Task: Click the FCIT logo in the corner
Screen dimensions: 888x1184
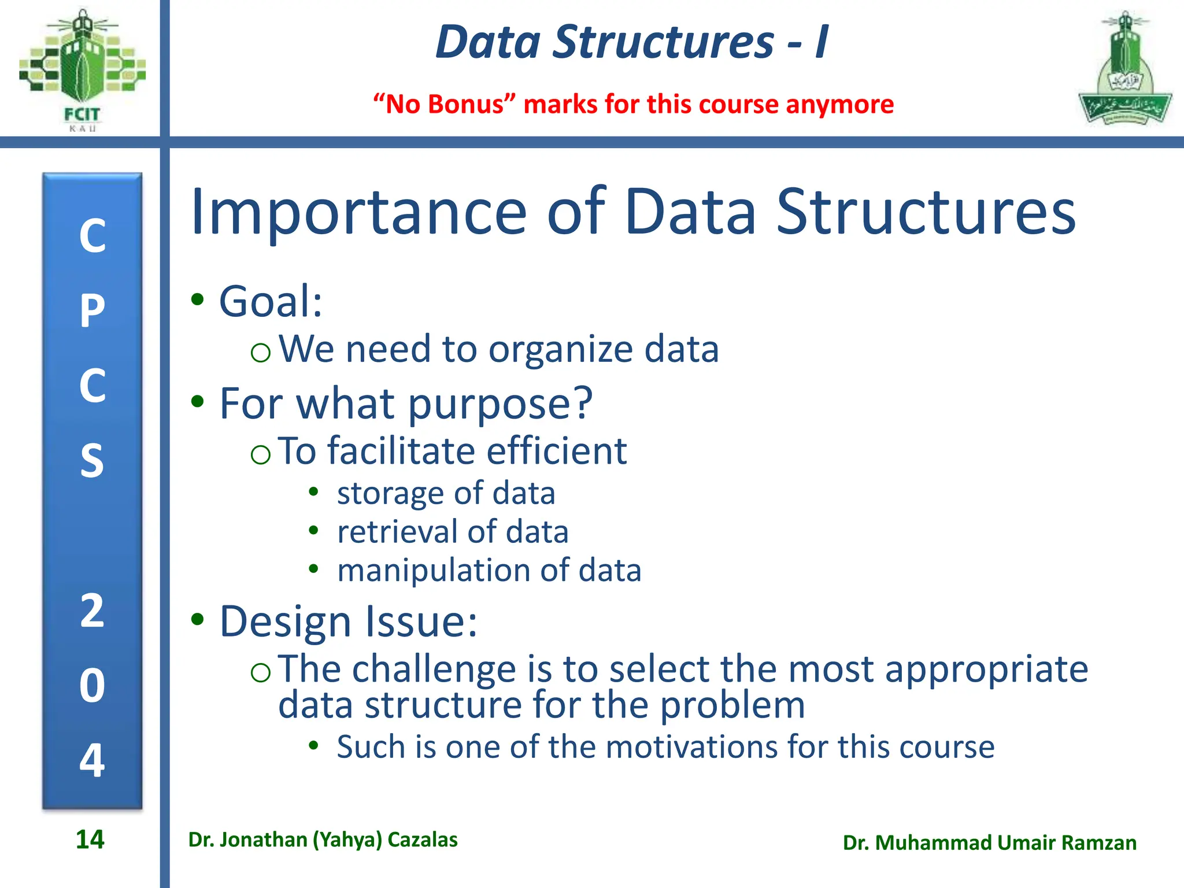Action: coord(82,69)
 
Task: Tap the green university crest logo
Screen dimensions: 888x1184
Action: coord(1124,69)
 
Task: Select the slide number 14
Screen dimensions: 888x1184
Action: coord(90,839)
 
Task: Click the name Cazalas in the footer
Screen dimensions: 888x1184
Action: coord(423,839)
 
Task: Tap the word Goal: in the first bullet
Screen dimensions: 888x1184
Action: coord(271,302)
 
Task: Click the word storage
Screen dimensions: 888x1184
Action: coord(392,494)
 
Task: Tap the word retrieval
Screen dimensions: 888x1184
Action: coord(398,532)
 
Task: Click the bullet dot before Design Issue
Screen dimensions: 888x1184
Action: coord(198,619)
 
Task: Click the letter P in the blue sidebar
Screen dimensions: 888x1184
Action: coord(92,310)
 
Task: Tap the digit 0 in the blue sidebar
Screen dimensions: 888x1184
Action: coord(92,686)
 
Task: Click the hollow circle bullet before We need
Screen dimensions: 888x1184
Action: coord(261,352)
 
